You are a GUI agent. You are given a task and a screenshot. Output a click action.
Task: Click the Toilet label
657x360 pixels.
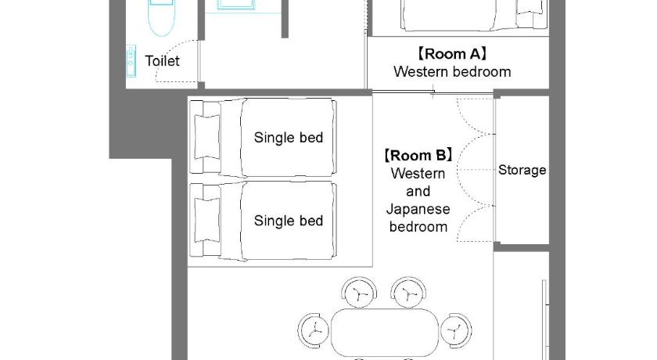pos(162,61)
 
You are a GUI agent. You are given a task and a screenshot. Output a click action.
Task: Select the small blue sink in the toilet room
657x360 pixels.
pos(131,61)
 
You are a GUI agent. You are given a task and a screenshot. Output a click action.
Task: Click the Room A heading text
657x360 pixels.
pos(452,54)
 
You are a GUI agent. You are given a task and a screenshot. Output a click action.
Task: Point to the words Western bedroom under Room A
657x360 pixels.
pos(452,72)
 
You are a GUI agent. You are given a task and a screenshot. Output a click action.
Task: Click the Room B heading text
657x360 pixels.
pos(418,156)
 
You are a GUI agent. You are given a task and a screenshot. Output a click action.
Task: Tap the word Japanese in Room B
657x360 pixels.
pos(418,209)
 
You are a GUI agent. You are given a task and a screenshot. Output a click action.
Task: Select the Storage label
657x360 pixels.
pos(522,170)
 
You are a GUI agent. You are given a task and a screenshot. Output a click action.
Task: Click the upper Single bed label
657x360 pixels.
pos(289,138)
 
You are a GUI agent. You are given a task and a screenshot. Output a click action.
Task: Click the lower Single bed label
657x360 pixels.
pos(289,221)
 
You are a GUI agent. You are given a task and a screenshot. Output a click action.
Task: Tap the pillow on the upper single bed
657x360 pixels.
pos(207,137)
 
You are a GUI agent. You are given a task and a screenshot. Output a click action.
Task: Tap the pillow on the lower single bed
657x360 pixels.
pos(207,220)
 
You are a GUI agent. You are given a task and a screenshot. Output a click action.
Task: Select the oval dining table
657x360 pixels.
pos(385,332)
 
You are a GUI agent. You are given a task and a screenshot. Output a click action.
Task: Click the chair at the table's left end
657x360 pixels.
pos(314,331)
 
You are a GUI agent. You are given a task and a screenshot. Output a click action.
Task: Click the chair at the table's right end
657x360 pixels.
pos(456,331)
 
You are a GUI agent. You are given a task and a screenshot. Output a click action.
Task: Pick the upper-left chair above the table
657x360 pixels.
pos(359,293)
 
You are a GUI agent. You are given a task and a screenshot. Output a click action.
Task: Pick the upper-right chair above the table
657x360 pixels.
pos(408,293)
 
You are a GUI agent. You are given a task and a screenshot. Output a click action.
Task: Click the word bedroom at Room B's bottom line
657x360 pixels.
pos(418,227)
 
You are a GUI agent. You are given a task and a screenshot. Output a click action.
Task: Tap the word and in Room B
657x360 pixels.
pos(418,191)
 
